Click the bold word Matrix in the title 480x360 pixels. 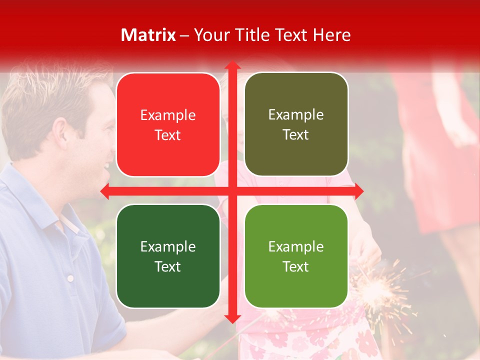coord(148,35)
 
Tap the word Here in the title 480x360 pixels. coord(331,35)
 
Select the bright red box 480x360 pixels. coord(168,125)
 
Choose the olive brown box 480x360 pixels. coord(296,124)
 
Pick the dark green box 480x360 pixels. coord(168,256)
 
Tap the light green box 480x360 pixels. coord(296,256)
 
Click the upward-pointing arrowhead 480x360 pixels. coord(232,65)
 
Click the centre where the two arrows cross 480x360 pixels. coord(232,191)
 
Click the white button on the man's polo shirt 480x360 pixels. coord(70,278)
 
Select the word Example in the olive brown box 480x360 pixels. coord(296,114)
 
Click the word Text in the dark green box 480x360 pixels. coord(168,266)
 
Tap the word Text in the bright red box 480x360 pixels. coord(168,135)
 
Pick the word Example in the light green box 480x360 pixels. coord(296,246)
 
